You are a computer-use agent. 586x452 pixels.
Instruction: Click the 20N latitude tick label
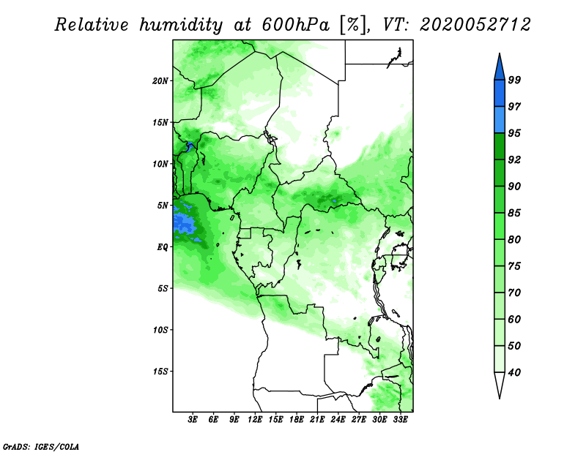point(160,81)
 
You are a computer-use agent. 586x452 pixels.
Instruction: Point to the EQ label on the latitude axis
point(162,247)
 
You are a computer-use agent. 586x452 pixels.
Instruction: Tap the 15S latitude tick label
point(160,372)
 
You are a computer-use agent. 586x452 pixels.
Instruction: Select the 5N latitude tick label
point(163,206)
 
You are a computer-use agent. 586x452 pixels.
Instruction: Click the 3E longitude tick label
point(193,420)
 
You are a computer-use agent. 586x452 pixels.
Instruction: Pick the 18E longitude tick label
point(297,420)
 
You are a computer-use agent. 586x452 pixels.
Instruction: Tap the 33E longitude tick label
point(400,420)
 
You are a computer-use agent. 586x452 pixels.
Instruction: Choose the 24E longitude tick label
point(338,420)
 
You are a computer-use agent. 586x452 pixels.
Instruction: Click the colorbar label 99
point(515,80)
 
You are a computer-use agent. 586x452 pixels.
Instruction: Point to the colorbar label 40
point(515,372)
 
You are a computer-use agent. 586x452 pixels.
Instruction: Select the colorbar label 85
point(515,213)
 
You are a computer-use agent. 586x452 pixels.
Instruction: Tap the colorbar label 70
point(515,293)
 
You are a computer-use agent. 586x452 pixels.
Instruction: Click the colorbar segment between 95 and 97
point(500,120)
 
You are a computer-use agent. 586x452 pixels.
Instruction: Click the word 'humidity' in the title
point(182,25)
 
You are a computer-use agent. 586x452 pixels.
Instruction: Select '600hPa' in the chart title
point(296,25)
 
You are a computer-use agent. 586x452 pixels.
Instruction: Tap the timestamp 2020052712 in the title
point(475,25)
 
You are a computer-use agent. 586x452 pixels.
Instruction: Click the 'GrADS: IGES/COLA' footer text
point(41,446)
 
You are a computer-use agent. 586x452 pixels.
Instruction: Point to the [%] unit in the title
point(354,25)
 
